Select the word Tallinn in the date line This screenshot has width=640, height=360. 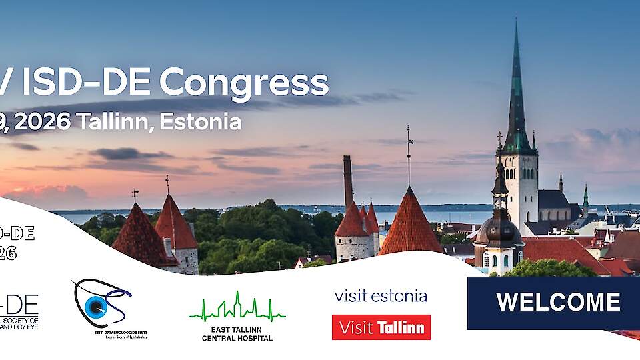click(x=111, y=121)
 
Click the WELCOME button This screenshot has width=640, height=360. click(x=557, y=303)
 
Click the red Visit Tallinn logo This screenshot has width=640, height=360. click(x=381, y=327)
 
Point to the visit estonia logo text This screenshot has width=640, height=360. click(x=381, y=295)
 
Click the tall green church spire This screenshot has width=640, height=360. click(x=517, y=93)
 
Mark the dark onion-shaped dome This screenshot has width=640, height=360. click(x=500, y=230)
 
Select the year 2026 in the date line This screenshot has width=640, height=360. click(x=41, y=121)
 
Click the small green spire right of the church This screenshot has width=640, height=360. click(x=585, y=198)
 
